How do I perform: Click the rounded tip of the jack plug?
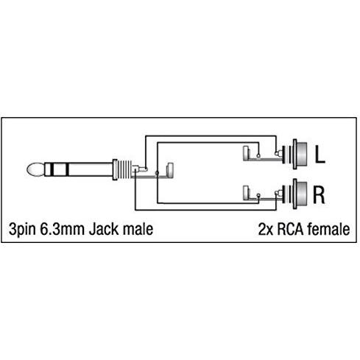click(x=35, y=169)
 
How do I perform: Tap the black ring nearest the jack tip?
click(x=52, y=169)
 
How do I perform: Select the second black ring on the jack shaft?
click(x=67, y=169)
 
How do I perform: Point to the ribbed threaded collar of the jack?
click(x=124, y=169)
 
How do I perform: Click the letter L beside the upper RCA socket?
click(x=320, y=155)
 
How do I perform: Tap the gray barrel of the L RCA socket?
click(x=302, y=155)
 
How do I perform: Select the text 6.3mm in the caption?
click(x=62, y=229)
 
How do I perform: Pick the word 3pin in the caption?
click(x=22, y=230)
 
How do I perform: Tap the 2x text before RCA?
click(x=266, y=230)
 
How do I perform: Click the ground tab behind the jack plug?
click(x=170, y=170)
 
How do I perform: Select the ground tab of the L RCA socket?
click(x=246, y=153)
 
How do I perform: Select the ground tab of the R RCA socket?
click(x=246, y=191)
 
